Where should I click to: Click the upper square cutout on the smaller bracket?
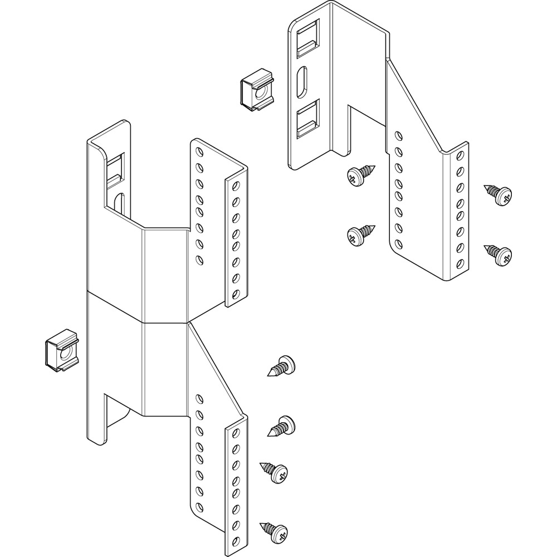309,38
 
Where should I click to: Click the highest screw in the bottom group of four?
282,366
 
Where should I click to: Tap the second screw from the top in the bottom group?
283,426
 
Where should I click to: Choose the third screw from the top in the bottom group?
276,472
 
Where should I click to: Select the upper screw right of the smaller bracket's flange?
499,193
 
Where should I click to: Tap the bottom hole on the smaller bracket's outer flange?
460,263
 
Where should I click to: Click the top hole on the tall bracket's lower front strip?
236,434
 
